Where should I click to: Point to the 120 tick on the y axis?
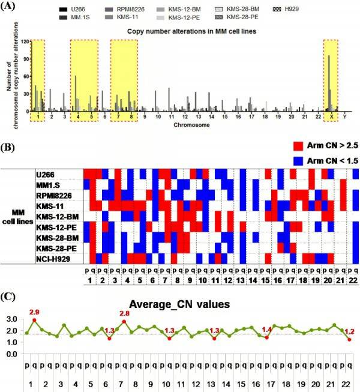point(25,41)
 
